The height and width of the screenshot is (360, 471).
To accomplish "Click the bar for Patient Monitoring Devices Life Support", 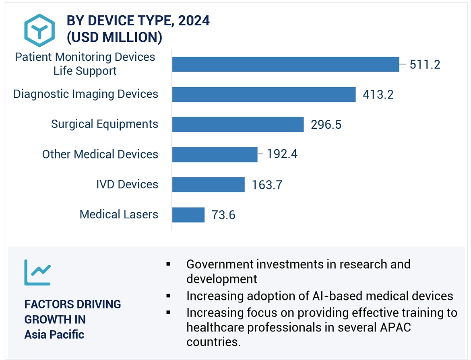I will pos(285,64).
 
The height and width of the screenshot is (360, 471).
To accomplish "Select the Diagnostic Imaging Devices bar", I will pos(264,94).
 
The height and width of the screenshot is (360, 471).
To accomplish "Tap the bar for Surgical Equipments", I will pos(238,124).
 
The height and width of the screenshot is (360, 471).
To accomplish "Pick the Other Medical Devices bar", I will pos(215,154).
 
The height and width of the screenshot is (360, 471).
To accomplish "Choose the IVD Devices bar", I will pos(208,185).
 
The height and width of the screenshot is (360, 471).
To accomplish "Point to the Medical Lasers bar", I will pos(188,215).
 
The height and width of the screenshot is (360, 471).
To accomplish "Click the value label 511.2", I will pos(425,64).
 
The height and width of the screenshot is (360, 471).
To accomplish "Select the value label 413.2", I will pos(378,95).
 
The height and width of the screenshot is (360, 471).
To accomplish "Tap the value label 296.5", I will pos(326,125).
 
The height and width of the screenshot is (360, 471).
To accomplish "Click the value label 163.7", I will pos(267,185).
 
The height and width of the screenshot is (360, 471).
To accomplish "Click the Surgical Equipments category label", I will pos(105,124).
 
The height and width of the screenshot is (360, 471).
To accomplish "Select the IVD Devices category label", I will pos(127,184).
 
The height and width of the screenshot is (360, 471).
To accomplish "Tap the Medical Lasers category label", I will pos(119,214).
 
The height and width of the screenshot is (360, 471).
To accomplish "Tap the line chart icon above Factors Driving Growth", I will pos(37,272).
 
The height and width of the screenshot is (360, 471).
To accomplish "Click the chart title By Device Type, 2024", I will pos(138,21).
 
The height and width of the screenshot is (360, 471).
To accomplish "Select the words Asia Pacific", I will pos(54,334).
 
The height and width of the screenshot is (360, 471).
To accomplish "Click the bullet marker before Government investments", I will pos(168,265).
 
